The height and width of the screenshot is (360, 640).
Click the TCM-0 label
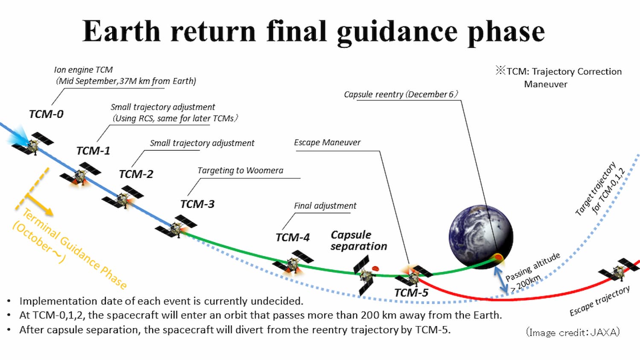click(46, 114)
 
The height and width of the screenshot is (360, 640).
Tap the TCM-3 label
click(198, 204)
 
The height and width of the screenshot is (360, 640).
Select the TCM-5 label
click(411, 293)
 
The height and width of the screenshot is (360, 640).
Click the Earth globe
click(481, 237)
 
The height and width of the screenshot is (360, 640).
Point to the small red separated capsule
click(375, 268)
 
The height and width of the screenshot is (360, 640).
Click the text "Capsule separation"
click(359, 240)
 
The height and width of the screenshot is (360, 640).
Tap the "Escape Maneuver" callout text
click(327, 142)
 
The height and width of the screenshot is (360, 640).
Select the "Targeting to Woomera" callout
click(240, 171)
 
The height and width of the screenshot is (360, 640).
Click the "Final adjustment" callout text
click(325, 206)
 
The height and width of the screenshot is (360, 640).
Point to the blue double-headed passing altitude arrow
click(501, 280)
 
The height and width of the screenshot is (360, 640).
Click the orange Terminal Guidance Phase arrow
click(39, 204)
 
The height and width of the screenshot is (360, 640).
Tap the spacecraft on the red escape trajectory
click(619, 270)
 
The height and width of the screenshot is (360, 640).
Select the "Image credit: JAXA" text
click(573, 332)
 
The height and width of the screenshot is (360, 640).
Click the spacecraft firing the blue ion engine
click(32, 143)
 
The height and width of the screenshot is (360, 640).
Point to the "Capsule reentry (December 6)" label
click(401, 94)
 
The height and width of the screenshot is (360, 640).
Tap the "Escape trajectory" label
click(600, 301)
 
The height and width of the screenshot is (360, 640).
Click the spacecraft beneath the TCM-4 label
click(293, 262)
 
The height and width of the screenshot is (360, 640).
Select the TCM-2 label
click(136, 174)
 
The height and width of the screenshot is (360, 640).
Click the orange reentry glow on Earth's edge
click(498, 258)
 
